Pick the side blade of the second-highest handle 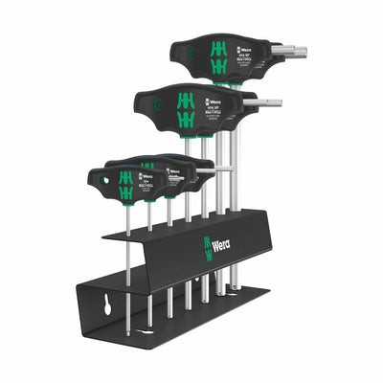[x=266, y=101]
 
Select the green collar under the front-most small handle [x=127, y=197]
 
